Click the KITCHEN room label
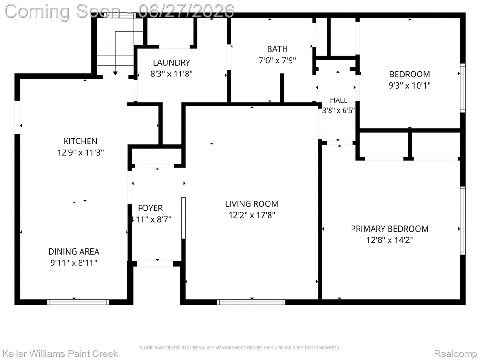[x=80, y=141]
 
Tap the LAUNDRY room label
[x=172, y=63]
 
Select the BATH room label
[x=277, y=49]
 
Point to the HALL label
[x=338, y=100]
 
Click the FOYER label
[x=150, y=208]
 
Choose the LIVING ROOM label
[x=252, y=204]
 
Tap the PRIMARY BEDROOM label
[x=390, y=229]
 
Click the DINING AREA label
[x=74, y=252]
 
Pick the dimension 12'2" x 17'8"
[x=252, y=215]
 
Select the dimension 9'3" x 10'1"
[x=410, y=85]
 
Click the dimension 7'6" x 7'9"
[x=277, y=60]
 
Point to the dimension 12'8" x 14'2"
[x=390, y=240]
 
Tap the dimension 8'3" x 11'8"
[x=172, y=74]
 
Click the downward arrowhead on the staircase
[x=115, y=73]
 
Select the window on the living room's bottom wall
[x=251, y=302]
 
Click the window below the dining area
[x=78, y=302]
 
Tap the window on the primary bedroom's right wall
[x=463, y=220]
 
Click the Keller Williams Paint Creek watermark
[x=60, y=353]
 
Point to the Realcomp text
[x=456, y=353]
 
